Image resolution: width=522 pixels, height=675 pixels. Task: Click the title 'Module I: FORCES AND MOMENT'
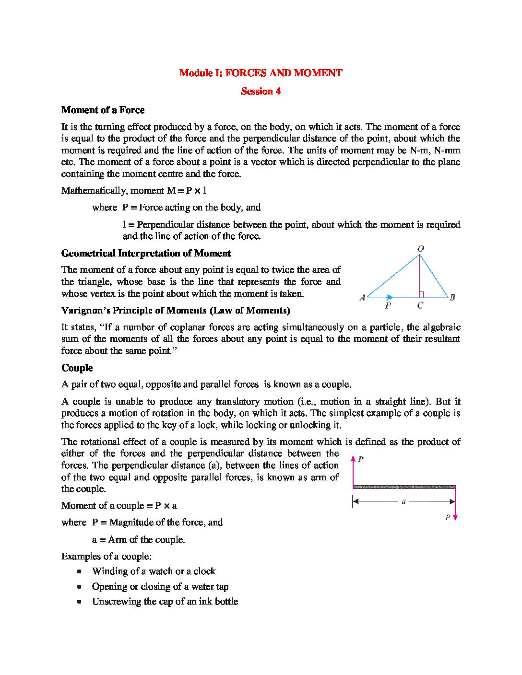pyautogui.click(x=261, y=73)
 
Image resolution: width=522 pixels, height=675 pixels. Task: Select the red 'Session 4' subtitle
pyautogui.click(x=261, y=91)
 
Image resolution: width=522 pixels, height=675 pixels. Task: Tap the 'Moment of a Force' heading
pyautogui.click(x=103, y=110)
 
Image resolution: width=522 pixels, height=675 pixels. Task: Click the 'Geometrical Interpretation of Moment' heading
pyautogui.click(x=146, y=253)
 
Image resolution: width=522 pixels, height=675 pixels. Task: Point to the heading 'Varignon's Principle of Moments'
pyautogui.click(x=176, y=310)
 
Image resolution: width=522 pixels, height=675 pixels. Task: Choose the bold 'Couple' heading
pyautogui.click(x=77, y=368)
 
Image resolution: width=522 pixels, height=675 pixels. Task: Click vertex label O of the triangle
pyautogui.click(x=420, y=248)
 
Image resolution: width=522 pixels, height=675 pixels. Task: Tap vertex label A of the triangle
pyautogui.click(x=362, y=297)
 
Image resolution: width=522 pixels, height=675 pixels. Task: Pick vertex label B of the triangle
pyautogui.click(x=452, y=297)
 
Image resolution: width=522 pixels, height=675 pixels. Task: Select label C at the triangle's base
pyautogui.click(x=420, y=305)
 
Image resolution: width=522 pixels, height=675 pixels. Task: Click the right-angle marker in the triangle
pyautogui.click(x=421, y=294)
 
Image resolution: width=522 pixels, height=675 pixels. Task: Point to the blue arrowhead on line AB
pyautogui.click(x=390, y=297)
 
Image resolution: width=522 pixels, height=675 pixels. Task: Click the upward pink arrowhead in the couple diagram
pyautogui.click(x=353, y=459)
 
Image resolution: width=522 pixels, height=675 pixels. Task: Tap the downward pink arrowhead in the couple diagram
pyautogui.click(x=455, y=517)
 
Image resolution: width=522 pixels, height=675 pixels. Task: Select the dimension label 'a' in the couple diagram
pyautogui.click(x=403, y=501)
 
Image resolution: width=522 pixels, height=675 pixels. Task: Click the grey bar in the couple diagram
pyautogui.click(x=403, y=487)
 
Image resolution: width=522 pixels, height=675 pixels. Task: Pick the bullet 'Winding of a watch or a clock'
pyautogui.click(x=154, y=571)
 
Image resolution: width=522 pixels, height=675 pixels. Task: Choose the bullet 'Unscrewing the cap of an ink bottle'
pyautogui.click(x=165, y=601)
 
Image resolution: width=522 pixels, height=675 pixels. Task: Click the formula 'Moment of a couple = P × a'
pyautogui.click(x=119, y=505)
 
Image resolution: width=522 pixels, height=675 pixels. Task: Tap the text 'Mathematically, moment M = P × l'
pyautogui.click(x=134, y=190)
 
